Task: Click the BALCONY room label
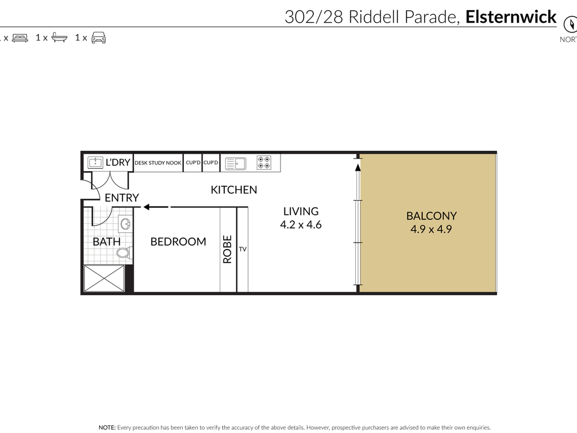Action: point(431,216)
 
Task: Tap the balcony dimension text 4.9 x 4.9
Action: point(431,229)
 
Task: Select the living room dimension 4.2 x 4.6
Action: point(301,225)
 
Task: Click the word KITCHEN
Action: point(234,190)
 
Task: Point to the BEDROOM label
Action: point(178,242)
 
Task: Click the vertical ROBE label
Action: point(227,249)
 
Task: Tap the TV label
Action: point(243,249)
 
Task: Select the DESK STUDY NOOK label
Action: point(158,163)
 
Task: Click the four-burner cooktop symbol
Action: point(264,163)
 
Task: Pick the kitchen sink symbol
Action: point(236,164)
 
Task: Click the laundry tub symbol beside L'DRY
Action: point(95,163)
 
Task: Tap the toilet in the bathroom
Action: point(124,253)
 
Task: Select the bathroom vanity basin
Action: point(125,224)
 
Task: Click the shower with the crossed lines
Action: point(104,278)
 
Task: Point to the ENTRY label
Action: point(122,198)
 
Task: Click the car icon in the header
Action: point(99,38)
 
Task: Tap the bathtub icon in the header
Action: point(59,37)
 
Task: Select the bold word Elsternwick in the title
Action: point(511,17)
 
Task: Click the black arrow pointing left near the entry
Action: point(156,207)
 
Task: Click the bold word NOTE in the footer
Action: point(107,428)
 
